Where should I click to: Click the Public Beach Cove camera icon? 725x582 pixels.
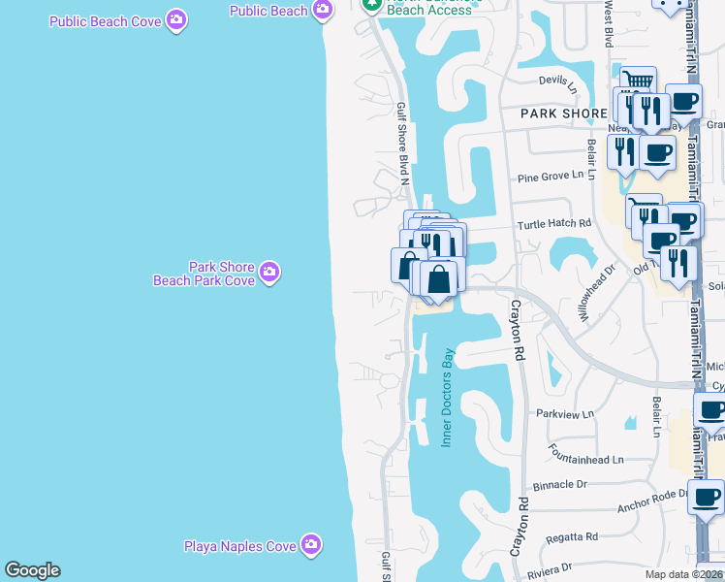pyautogui.click(x=175, y=19)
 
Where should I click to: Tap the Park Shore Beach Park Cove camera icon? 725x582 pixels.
pyautogui.click(x=269, y=274)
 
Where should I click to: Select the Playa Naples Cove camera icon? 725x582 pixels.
pyautogui.click(x=310, y=545)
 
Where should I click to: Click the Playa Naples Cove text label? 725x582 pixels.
pyautogui.click(x=240, y=546)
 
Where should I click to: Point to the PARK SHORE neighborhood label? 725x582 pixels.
pyautogui.click(x=564, y=113)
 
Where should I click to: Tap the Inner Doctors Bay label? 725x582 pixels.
pyautogui.click(x=448, y=397)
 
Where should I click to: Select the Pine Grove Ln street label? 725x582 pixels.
pyautogui.click(x=555, y=177)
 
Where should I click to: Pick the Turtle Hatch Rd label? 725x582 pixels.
pyautogui.click(x=554, y=223)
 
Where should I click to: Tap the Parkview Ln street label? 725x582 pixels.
pyautogui.click(x=565, y=414)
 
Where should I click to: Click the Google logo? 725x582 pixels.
pyautogui.click(x=32, y=570)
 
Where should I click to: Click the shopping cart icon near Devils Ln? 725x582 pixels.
pyautogui.click(x=638, y=81)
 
